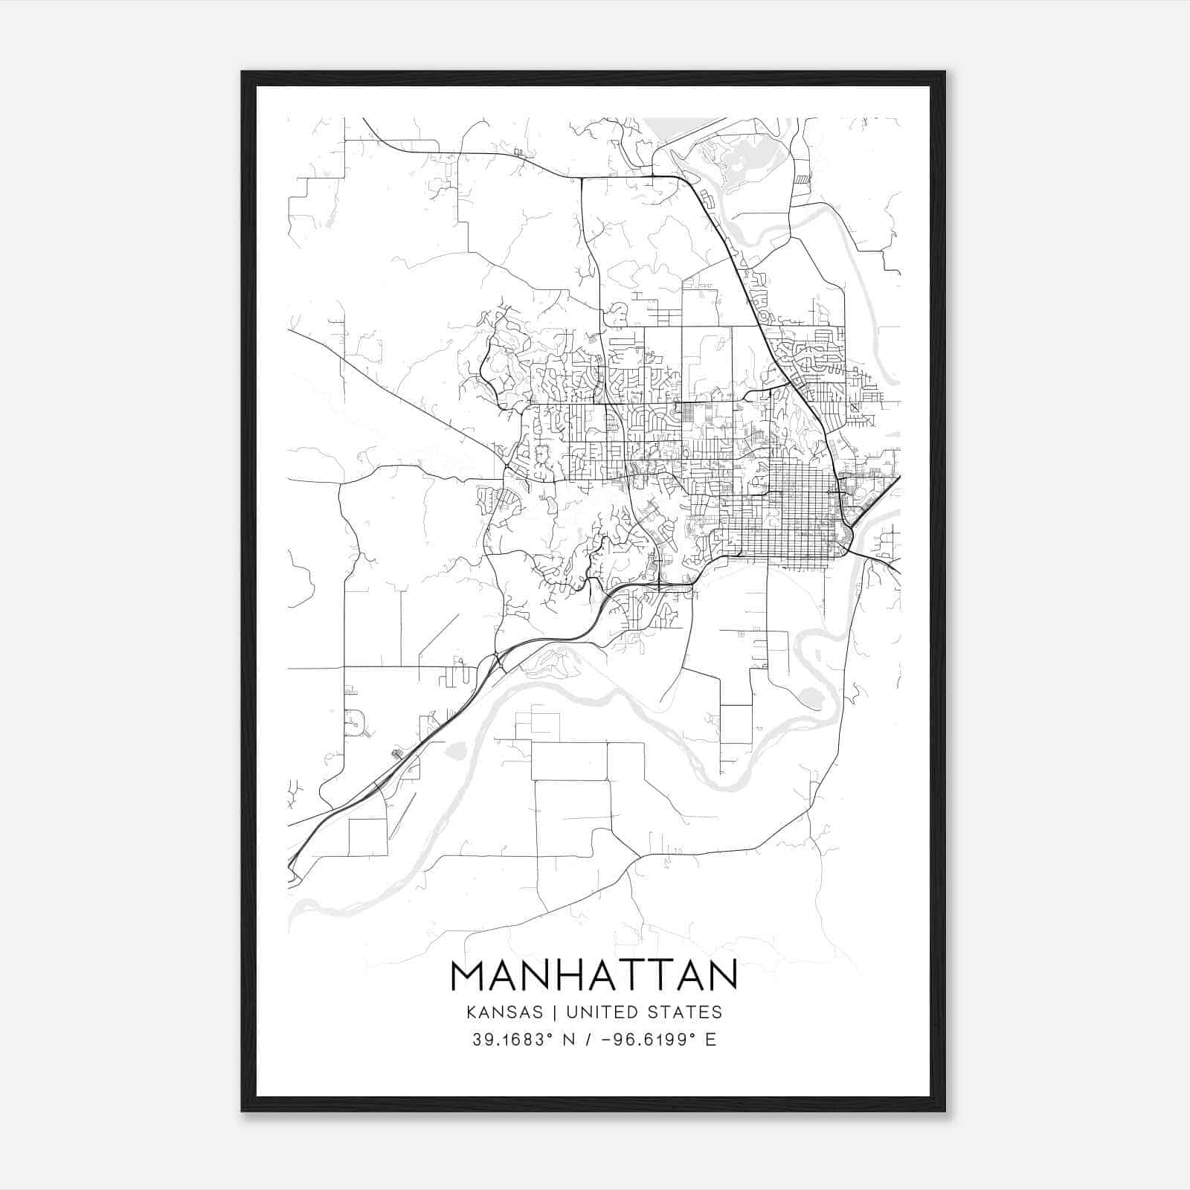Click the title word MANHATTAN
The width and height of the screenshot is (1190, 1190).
(594, 976)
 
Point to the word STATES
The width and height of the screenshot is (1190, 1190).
(684, 1012)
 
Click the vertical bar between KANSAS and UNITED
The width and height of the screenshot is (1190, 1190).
(557, 1012)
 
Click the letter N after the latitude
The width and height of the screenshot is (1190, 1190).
(569, 1040)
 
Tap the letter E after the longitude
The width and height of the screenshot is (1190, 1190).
(710, 1040)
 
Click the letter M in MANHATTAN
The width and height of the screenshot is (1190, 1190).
(469, 976)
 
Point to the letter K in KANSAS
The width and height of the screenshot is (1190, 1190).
(472, 1012)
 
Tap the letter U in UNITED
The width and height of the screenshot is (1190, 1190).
(572, 1012)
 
